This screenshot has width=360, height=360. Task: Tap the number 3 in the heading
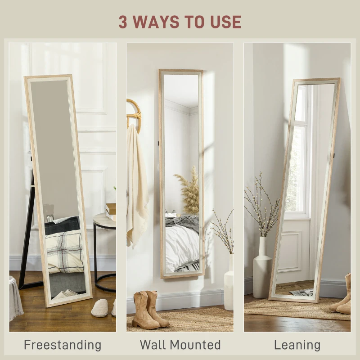123,22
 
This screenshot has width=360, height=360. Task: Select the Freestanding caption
63,345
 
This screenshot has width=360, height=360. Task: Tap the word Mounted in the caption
195,344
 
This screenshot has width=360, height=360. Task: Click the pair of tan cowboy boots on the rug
150,310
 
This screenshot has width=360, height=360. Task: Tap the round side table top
105,220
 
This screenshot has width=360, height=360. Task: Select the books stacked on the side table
111,211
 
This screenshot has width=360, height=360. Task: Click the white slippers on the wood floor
103,308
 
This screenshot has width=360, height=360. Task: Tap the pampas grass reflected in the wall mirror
187,190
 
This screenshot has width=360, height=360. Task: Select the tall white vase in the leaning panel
262,267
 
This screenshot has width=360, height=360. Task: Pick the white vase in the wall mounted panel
229,282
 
